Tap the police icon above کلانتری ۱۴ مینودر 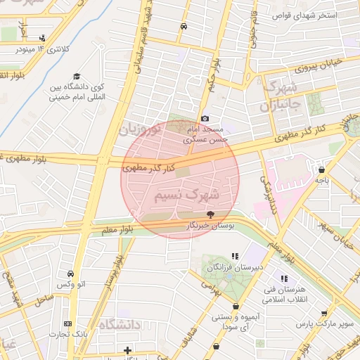pos(44,38)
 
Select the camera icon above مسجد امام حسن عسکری pos(205,119)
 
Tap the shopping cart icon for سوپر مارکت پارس pos(324,314)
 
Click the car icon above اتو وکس pos(70,274)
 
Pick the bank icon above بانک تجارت pos(67,323)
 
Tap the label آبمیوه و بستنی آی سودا pos(235,323)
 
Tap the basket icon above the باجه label pos(321,169)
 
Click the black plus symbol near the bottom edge pos(127,349)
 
